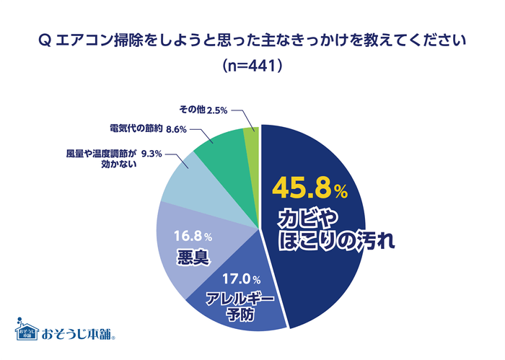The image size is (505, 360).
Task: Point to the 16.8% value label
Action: click(193, 236)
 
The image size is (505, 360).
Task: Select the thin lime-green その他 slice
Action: click(252, 136)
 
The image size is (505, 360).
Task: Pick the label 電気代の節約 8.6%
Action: click(149, 129)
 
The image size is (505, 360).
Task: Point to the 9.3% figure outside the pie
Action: click(151, 153)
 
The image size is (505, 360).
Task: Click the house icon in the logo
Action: click(27, 329)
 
